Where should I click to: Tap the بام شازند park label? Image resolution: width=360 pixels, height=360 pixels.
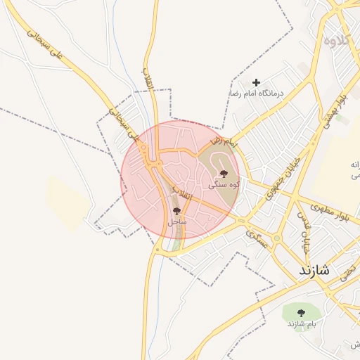302,323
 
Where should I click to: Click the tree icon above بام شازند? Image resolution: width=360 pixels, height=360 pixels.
302,313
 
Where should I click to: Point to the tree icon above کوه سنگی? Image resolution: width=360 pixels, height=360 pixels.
224,173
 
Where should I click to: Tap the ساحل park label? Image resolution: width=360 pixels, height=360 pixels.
176,221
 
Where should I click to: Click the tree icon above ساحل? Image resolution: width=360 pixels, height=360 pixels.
176,210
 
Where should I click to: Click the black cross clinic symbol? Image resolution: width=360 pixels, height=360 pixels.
256,83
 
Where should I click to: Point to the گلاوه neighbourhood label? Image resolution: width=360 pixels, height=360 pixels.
336,39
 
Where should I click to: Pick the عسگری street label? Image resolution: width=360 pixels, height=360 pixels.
257,241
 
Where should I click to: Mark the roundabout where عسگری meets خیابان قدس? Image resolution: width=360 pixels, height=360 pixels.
277,238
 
